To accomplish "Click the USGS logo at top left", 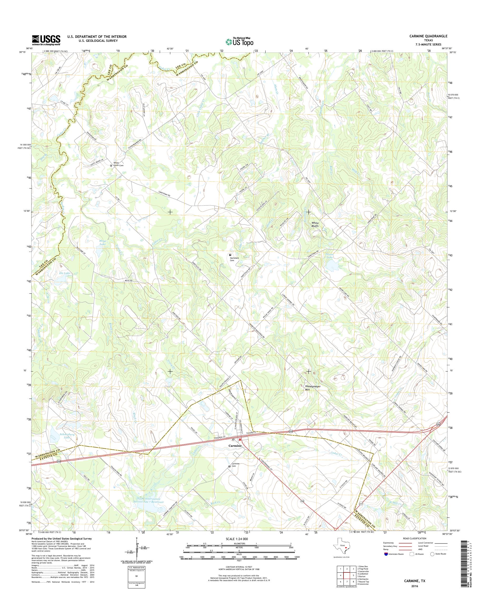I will pos(46,40).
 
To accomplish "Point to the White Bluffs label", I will pos(315,225).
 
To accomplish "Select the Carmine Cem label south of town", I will pos(235,465).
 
